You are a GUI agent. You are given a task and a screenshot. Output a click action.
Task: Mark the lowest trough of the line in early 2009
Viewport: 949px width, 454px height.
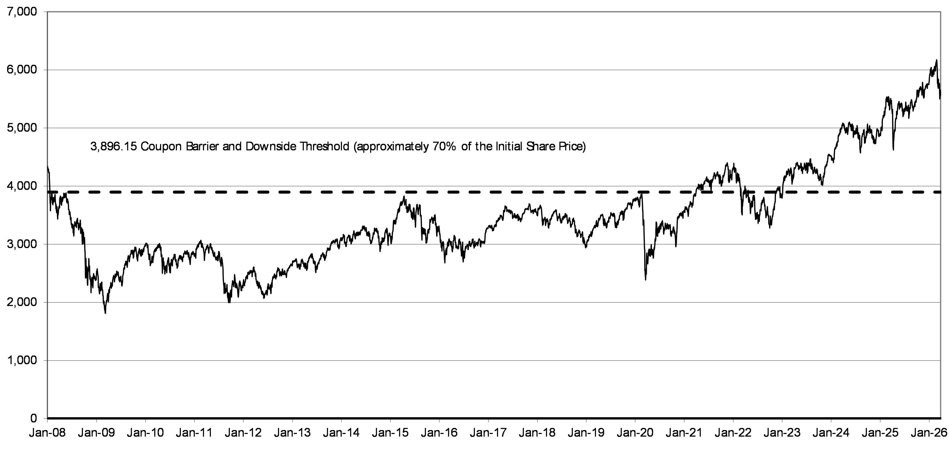(x=105, y=313)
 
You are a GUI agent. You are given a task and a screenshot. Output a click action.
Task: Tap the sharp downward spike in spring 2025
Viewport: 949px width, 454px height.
(x=893, y=150)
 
